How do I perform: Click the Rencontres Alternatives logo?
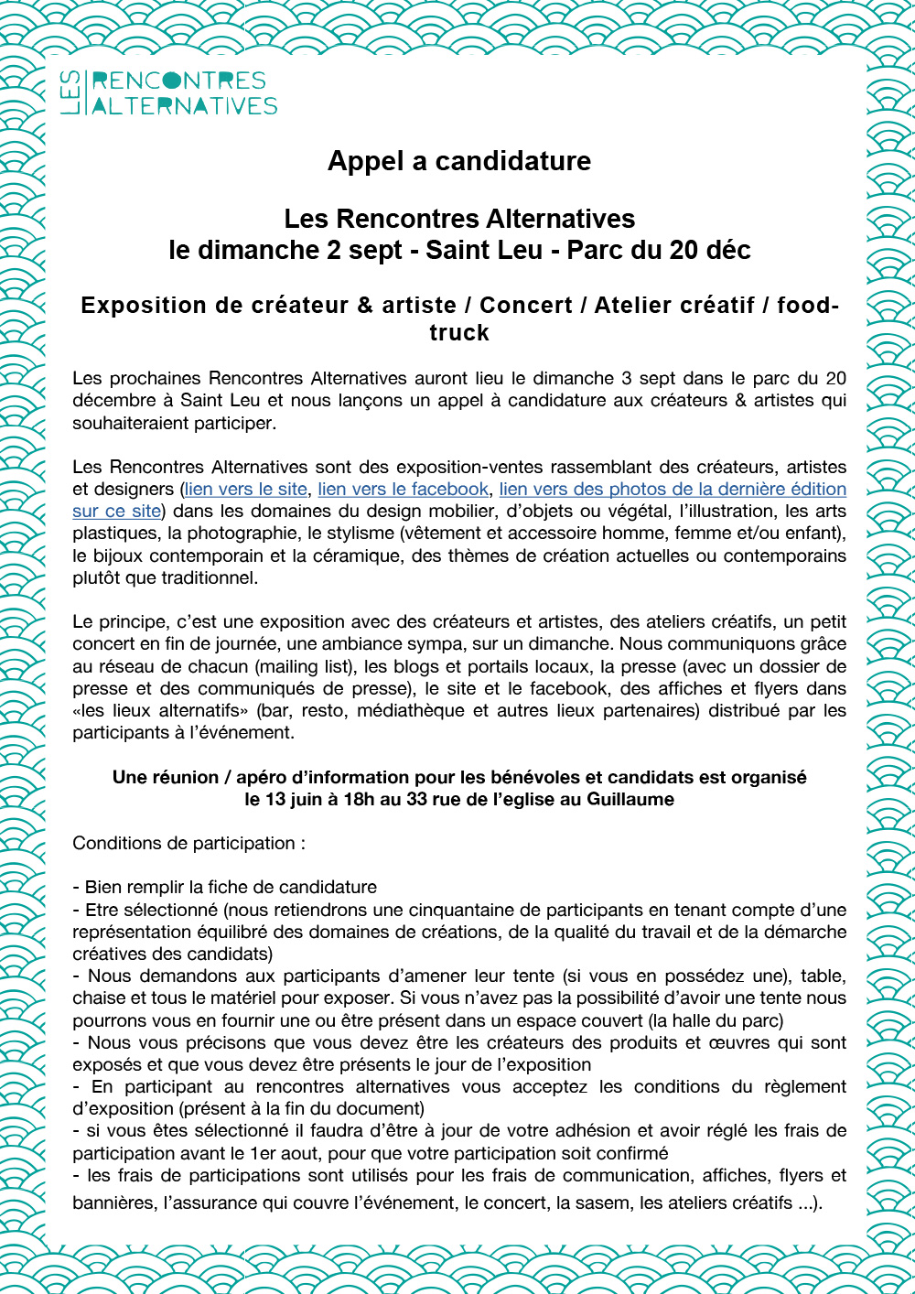tap(168, 93)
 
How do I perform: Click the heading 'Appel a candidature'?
tap(459, 161)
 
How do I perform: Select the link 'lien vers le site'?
tap(246, 490)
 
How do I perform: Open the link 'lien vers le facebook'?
tap(404, 490)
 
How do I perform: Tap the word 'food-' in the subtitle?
tap(808, 306)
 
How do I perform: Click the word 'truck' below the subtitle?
tap(459, 332)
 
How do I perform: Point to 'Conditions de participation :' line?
tap(188, 843)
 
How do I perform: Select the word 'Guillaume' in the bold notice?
tap(630, 799)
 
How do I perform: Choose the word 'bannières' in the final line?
tap(113, 1202)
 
